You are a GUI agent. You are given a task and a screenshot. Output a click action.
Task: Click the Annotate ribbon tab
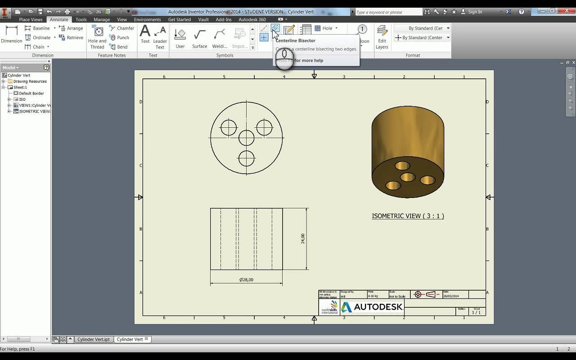[x=59, y=19]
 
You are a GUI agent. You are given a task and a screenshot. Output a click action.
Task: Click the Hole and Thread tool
[x=97, y=37]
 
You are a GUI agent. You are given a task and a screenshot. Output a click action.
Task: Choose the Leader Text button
[x=160, y=37]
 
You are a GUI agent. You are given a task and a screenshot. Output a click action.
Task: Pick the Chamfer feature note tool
[x=122, y=28]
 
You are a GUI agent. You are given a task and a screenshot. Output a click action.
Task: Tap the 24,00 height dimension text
[x=303, y=238]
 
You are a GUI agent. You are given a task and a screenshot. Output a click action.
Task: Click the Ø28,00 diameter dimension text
[x=246, y=279]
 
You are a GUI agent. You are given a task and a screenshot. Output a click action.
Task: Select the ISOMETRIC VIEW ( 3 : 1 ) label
[x=408, y=216]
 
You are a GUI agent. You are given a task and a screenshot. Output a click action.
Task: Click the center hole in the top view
[x=247, y=138]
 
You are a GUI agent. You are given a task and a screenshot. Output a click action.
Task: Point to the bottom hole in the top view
[x=247, y=158]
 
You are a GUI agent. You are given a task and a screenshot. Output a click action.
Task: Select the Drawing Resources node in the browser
[x=30, y=81]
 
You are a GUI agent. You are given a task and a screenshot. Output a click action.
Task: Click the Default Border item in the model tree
[x=31, y=93]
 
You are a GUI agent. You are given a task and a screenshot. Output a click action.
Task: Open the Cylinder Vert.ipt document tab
[x=93, y=339]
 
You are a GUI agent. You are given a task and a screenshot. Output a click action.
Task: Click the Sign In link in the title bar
[x=475, y=12]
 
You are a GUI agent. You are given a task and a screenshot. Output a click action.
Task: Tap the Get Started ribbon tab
[x=180, y=19]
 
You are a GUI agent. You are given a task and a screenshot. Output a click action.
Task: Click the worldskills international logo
[x=329, y=307]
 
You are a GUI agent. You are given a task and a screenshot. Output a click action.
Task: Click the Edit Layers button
[x=382, y=37]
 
